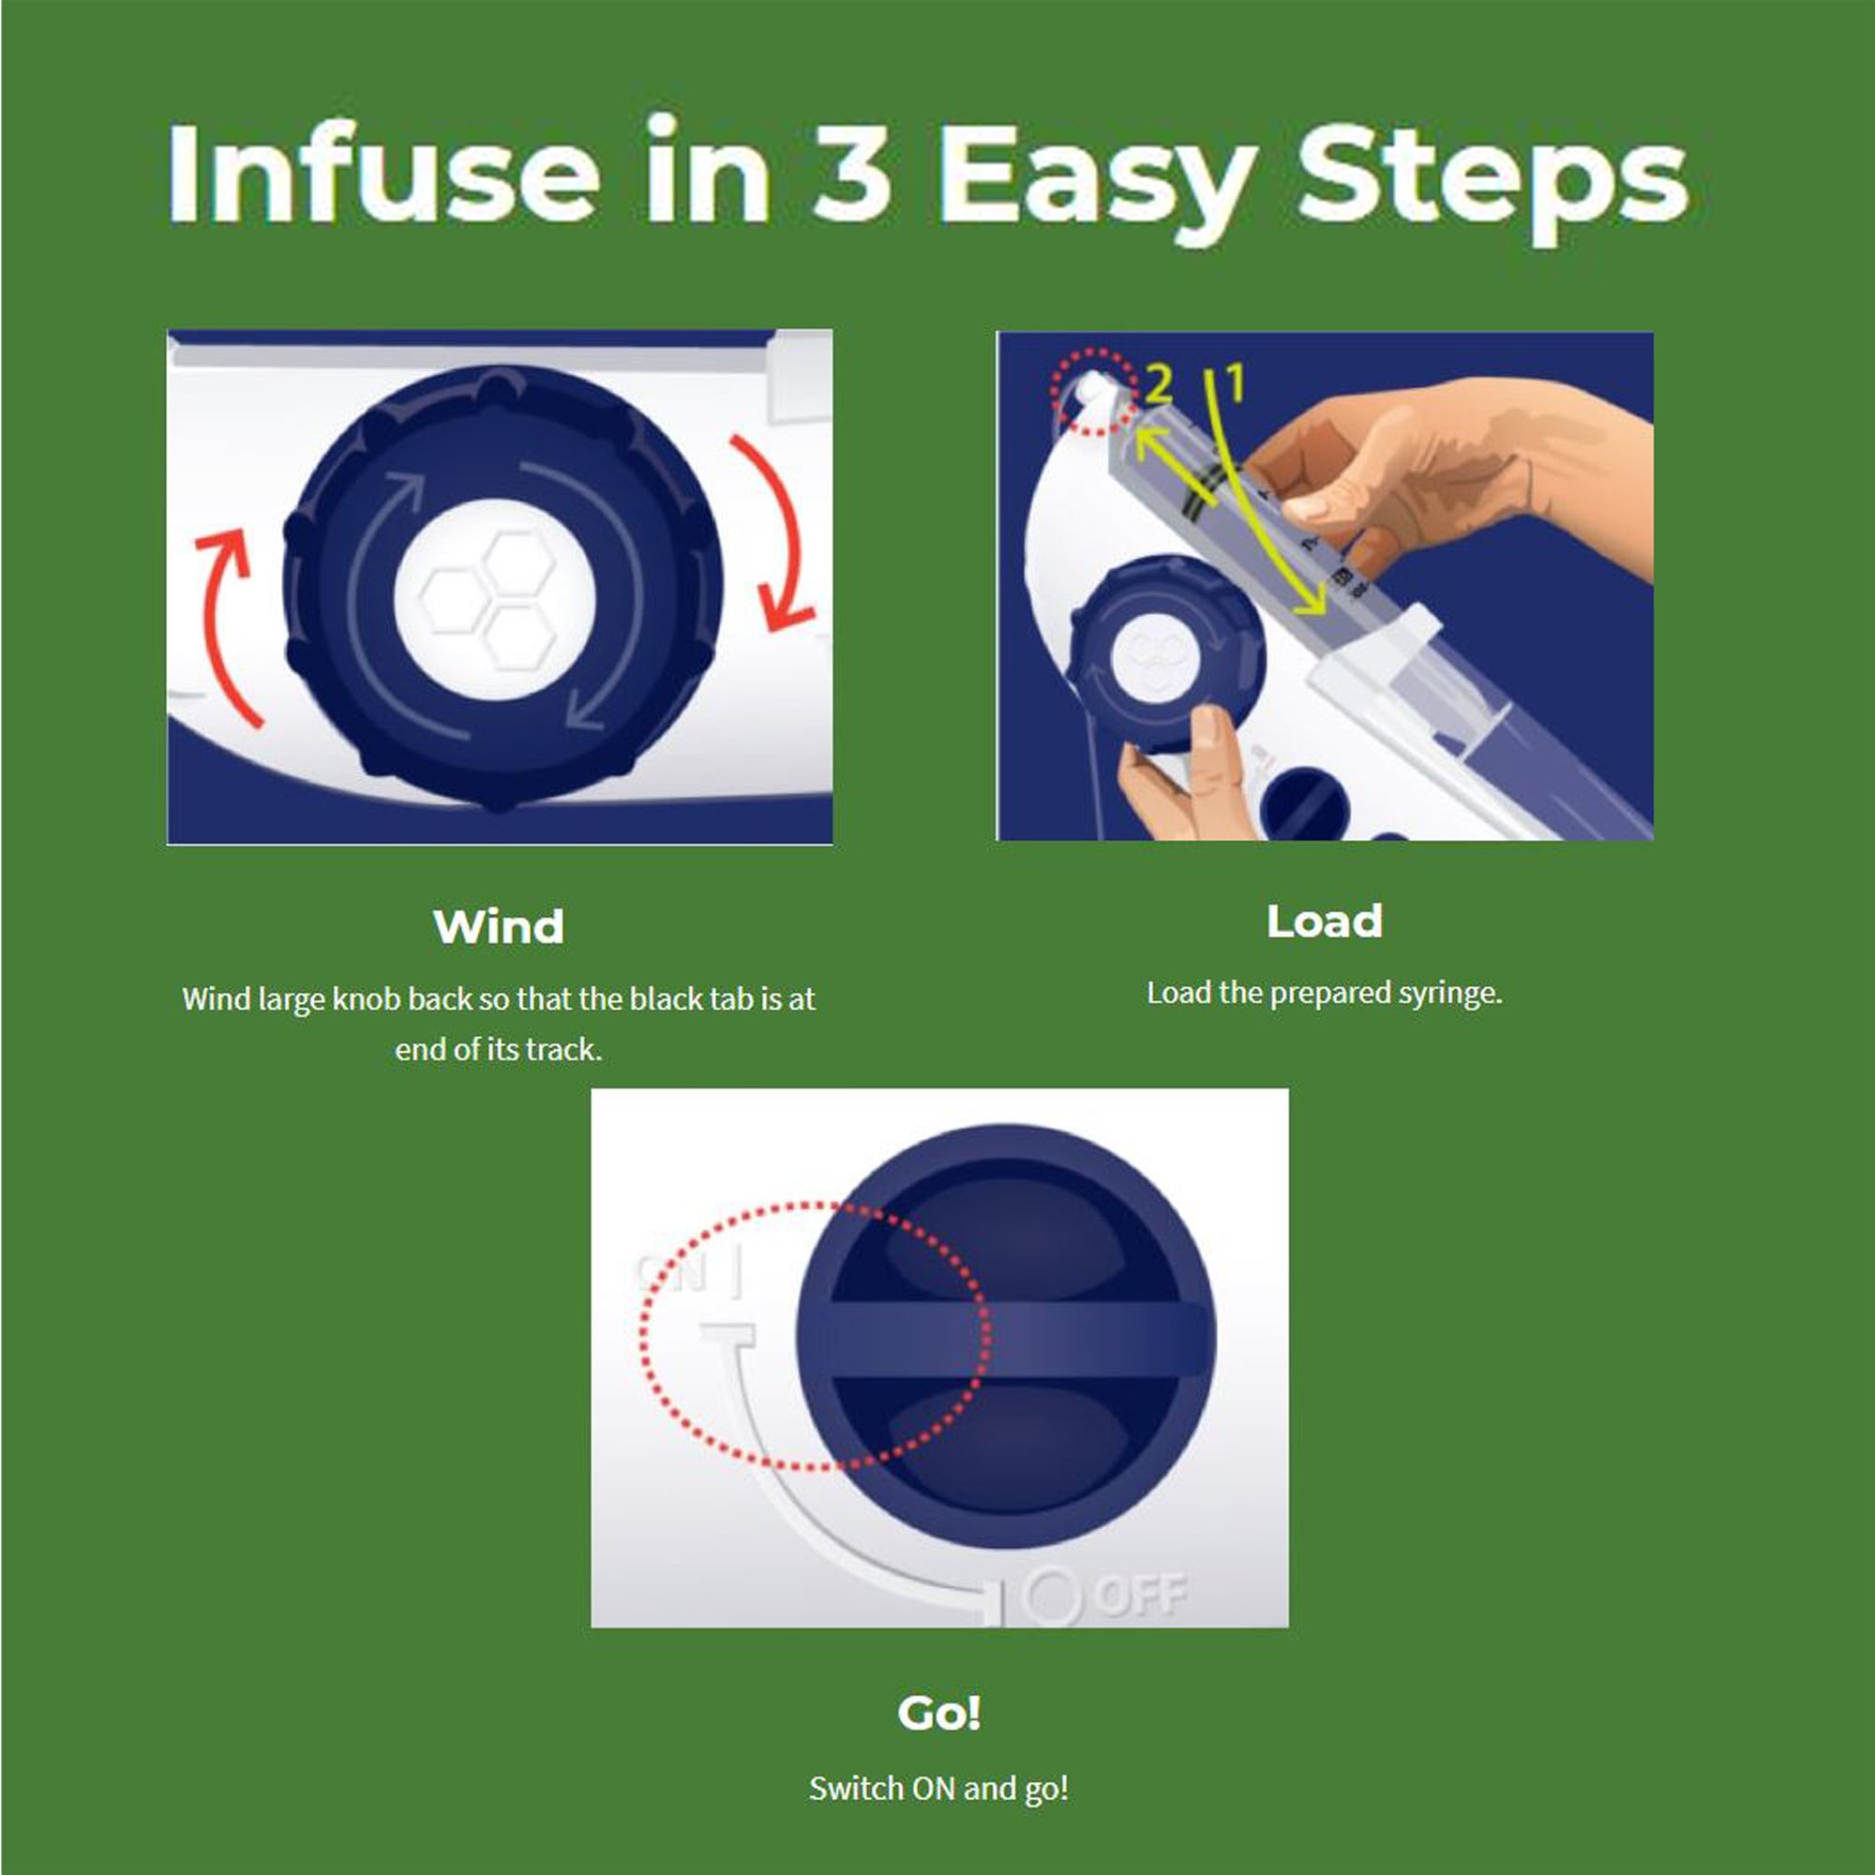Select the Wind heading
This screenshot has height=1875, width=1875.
pyautogui.click(x=499, y=926)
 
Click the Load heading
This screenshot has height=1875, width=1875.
pyautogui.click(x=1325, y=921)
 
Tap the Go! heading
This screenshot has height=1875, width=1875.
pyautogui.click(x=939, y=1713)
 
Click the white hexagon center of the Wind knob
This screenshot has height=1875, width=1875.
pyautogui.click(x=494, y=600)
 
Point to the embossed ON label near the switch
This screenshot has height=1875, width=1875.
pyautogui.click(x=669, y=1271)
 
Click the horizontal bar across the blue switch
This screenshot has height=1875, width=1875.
pyautogui.click(x=1005, y=1340)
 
